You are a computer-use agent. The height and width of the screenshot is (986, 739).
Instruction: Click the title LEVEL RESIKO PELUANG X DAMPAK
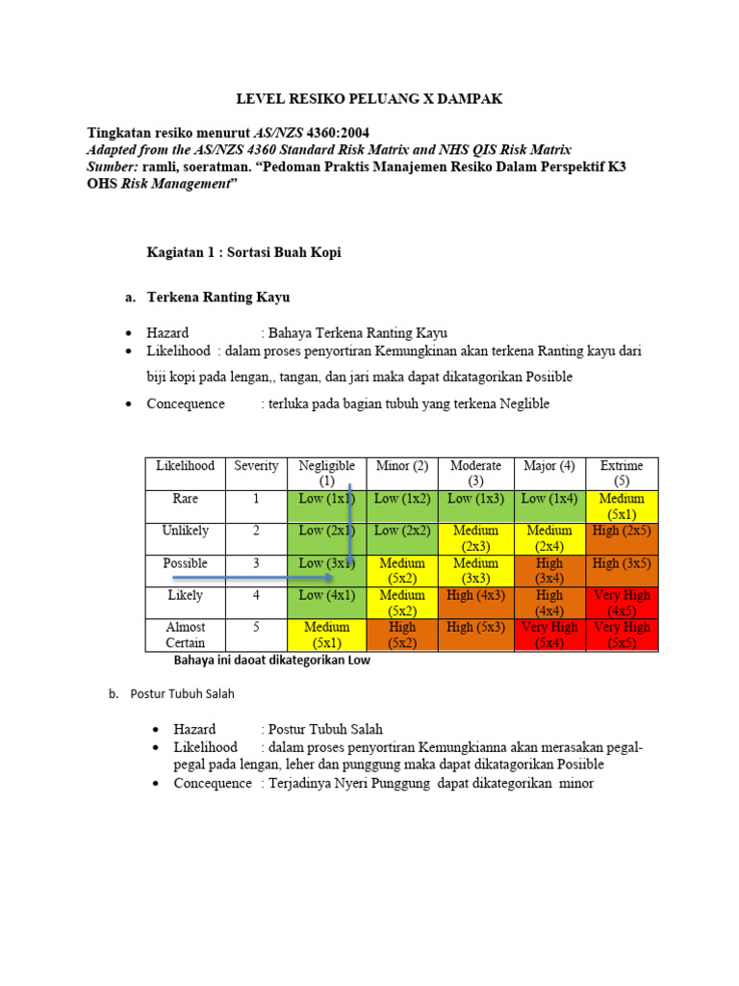[x=369, y=99]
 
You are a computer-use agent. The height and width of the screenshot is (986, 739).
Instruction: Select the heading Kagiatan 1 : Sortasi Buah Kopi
[x=243, y=252]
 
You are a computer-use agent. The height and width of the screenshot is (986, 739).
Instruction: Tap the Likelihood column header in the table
[x=186, y=466]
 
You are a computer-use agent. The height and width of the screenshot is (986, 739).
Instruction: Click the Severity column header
[x=256, y=466]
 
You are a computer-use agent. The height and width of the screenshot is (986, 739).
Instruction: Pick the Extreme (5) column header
[x=622, y=473]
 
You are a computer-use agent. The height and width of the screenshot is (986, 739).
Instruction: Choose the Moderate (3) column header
[x=475, y=473]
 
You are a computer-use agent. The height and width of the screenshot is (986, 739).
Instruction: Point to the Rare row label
[x=186, y=499]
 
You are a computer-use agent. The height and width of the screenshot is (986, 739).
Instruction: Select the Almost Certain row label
[x=186, y=635]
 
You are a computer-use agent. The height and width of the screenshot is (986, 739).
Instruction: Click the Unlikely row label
[x=186, y=531]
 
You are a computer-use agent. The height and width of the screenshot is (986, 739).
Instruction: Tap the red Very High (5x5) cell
[x=622, y=635]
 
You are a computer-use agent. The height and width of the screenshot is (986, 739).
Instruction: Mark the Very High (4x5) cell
[x=622, y=603]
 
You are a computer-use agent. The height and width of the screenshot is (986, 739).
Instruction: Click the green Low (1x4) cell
[x=548, y=499]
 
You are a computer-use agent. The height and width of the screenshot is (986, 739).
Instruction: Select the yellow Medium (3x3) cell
[x=475, y=570]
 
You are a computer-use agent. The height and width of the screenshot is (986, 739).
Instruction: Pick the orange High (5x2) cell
[x=402, y=635]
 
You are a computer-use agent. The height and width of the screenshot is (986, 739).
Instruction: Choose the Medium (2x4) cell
[x=548, y=537]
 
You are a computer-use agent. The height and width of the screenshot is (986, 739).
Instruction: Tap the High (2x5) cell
[x=622, y=531]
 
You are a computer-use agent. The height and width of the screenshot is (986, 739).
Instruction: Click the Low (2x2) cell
[x=402, y=531]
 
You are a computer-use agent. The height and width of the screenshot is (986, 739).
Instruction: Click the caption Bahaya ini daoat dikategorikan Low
[x=271, y=661]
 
